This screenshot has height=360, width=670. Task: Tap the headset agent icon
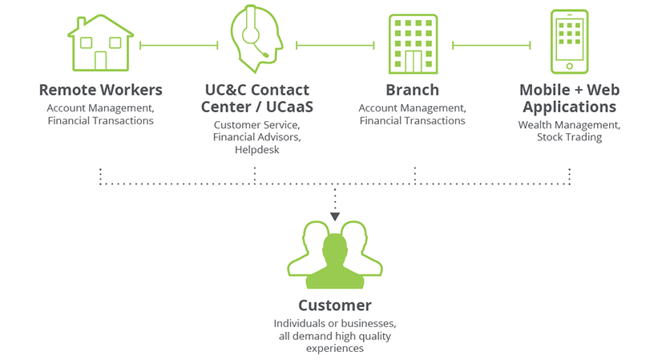coord(257,40)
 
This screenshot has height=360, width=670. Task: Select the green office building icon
coord(414,43)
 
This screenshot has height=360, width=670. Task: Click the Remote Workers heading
coord(100,90)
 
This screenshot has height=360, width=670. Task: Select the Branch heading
coord(412,90)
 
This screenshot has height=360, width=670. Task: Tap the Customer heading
coord(335,305)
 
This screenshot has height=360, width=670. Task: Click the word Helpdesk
coord(256,150)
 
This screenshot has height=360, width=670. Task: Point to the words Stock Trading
coord(570,137)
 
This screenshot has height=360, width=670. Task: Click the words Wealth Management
coord(569,125)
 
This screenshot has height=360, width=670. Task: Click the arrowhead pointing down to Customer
coord(335,216)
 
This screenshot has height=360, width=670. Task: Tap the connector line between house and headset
coord(179,46)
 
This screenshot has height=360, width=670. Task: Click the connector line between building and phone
coord(491,46)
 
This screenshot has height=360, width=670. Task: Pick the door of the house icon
coord(100,61)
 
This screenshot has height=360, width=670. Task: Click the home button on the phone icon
coord(570,66)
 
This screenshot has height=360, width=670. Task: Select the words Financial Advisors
coord(256,137)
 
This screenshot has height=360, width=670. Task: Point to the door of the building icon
coord(414,61)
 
